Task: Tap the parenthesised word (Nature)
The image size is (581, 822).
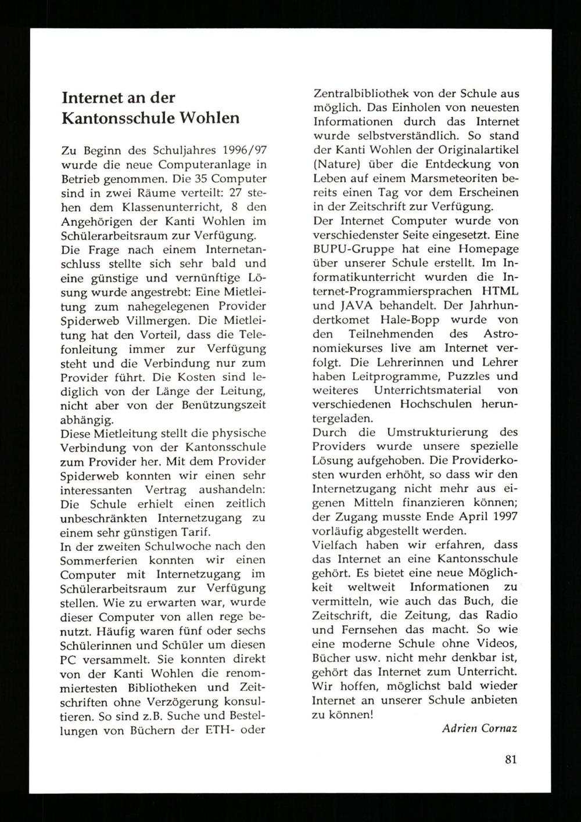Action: (x=334, y=164)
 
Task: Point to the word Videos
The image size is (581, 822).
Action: (x=497, y=644)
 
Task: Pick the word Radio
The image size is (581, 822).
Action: (x=499, y=615)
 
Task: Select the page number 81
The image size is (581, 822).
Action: (x=511, y=759)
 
